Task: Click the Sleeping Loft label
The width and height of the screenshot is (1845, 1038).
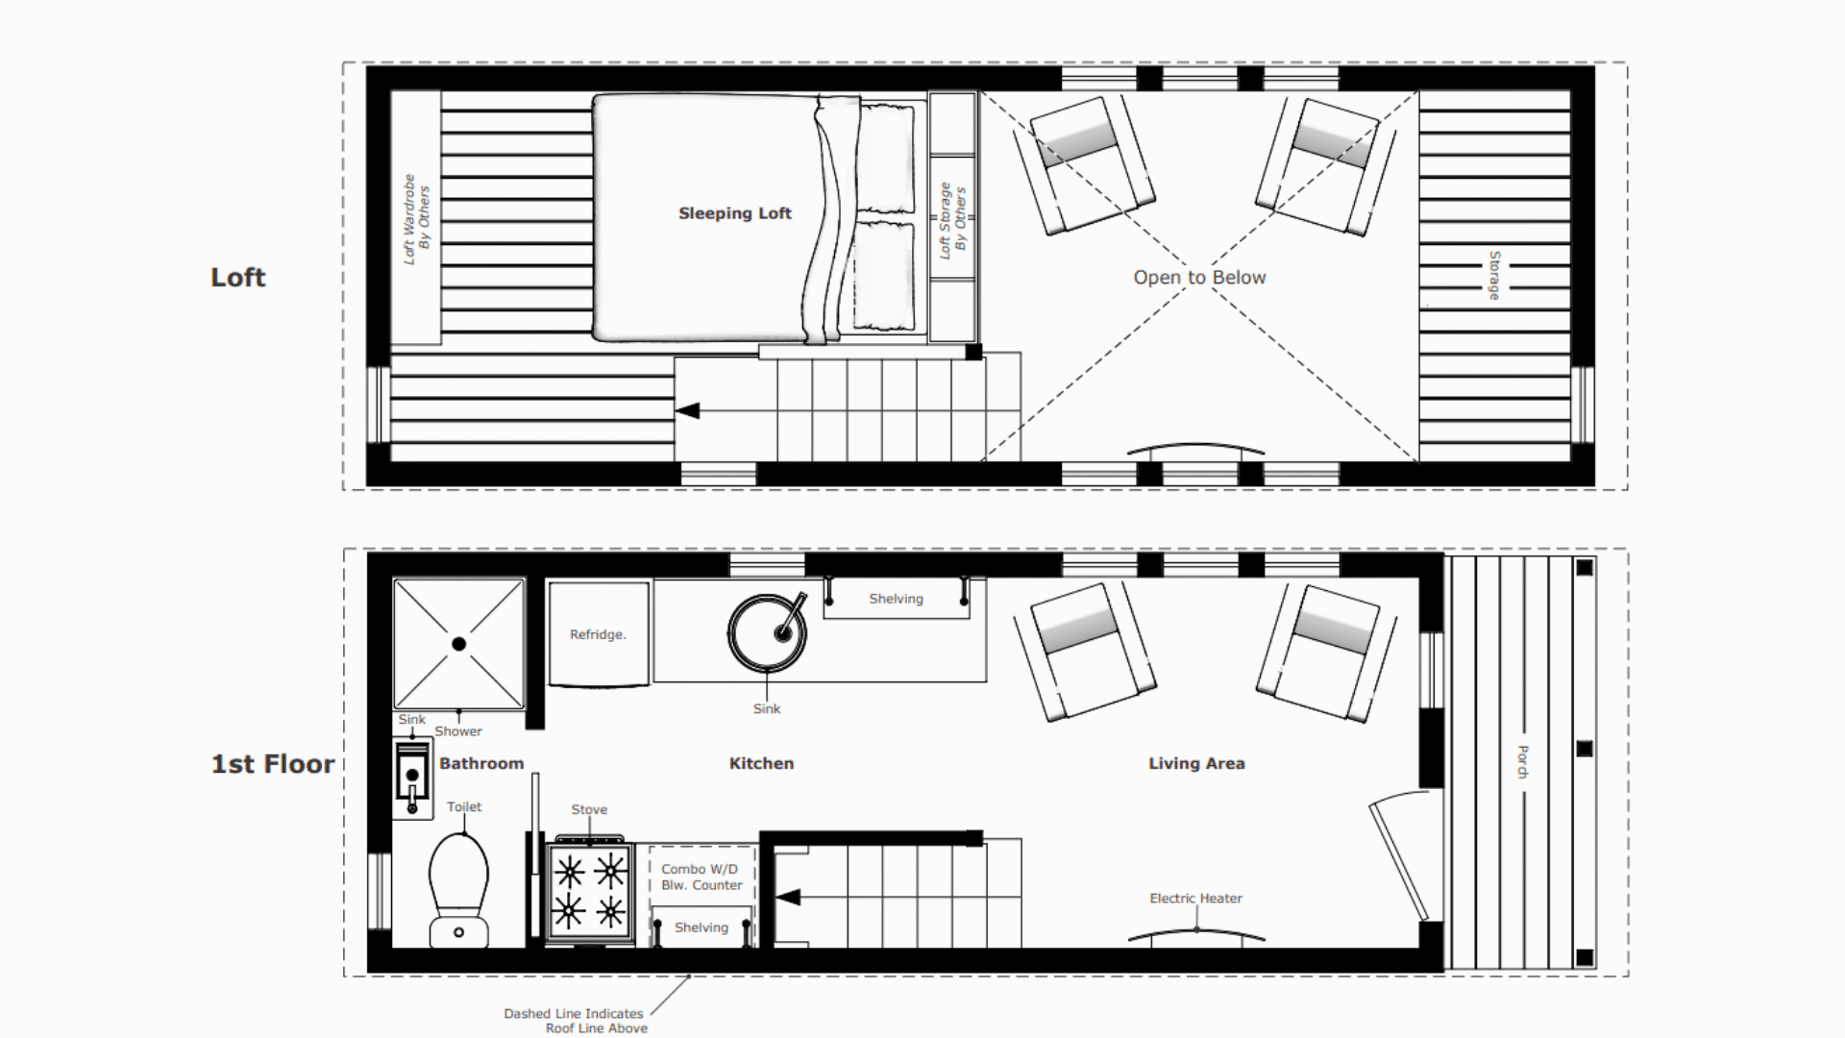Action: pyautogui.click(x=734, y=213)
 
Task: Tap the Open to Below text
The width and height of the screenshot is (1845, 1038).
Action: pyautogui.click(x=1199, y=278)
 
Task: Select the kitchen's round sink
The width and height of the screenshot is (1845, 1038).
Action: pyautogui.click(x=767, y=632)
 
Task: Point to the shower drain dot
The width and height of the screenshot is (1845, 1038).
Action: pyautogui.click(x=459, y=644)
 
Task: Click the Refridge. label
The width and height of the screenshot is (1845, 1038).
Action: pyautogui.click(x=598, y=634)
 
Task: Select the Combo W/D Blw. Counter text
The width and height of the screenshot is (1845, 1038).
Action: pyautogui.click(x=701, y=877)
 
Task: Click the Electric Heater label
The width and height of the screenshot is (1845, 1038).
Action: pyautogui.click(x=1195, y=898)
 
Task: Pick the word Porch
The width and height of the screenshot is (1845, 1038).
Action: pyautogui.click(x=1522, y=761)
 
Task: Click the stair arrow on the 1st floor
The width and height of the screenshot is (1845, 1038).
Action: pyautogui.click(x=788, y=898)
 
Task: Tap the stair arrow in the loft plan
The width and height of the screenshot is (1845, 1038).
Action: pyautogui.click(x=687, y=410)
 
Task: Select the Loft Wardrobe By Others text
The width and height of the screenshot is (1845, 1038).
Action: pyautogui.click(x=417, y=219)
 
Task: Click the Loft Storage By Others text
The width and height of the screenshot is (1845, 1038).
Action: pyautogui.click(x=952, y=220)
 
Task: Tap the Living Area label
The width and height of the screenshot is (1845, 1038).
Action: pyautogui.click(x=1196, y=763)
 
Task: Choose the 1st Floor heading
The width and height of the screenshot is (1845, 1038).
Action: pyautogui.click(x=273, y=764)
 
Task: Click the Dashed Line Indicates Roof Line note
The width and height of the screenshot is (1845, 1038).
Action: pyautogui.click(x=575, y=1021)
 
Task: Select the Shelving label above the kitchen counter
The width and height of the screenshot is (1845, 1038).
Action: pyautogui.click(x=896, y=599)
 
